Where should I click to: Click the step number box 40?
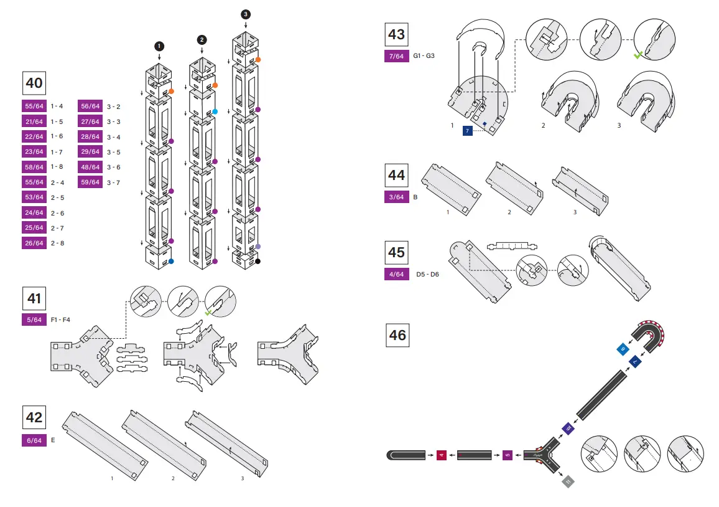pyautogui.click(x=34, y=83)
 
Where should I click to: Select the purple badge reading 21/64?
pyautogui.click(x=34, y=121)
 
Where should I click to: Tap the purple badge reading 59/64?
pyautogui.click(x=90, y=182)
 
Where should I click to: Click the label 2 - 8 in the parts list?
pyautogui.click(x=57, y=243)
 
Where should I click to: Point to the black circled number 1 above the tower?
pyautogui.click(x=159, y=46)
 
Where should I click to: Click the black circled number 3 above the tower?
pyautogui.click(x=246, y=14)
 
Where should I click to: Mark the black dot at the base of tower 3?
pyautogui.click(x=257, y=262)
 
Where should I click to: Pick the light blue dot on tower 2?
pyautogui.click(x=215, y=111)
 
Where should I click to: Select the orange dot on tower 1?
pyautogui.click(x=171, y=92)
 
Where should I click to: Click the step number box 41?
pyautogui.click(x=34, y=298)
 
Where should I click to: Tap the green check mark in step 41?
pyautogui.click(x=210, y=312)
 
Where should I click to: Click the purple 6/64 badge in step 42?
pyautogui.click(x=34, y=440)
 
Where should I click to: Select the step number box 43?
pyautogui.click(x=397, y=34)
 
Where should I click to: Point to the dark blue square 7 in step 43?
pyautogui.click(x=467, y=131)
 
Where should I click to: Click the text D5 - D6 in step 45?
pyautogui.click(x=427, y=274)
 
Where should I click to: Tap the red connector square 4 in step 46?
pyautogui.click(x=442, y=455)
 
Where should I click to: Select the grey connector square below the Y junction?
pyautogui.click(x=568, y=481)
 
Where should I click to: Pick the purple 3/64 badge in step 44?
pyautogui.click(x=397, y=197)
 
